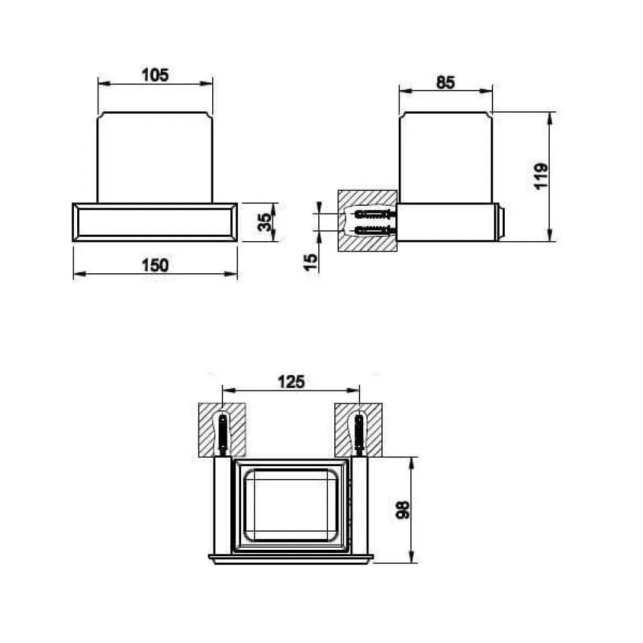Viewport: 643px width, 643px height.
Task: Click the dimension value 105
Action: pyautogui.click(x=155, y=75)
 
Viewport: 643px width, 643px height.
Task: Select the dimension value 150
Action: pyautogui.click(x=155, y=266)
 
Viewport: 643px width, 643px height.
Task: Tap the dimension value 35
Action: pyautogui.click(x=266, y=222)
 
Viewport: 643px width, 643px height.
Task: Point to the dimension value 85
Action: pyautogui.click(x=446, y=82)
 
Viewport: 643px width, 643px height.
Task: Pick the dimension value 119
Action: pyautogui.click(x=541, y=176)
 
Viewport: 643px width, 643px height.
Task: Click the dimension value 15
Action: pyautogui.click(x=311, y=262)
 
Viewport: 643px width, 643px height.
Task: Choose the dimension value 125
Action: pyautogui.click(x=291, y=382)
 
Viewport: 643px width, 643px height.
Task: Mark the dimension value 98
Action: pyautogui.click(x=403, y=510)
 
